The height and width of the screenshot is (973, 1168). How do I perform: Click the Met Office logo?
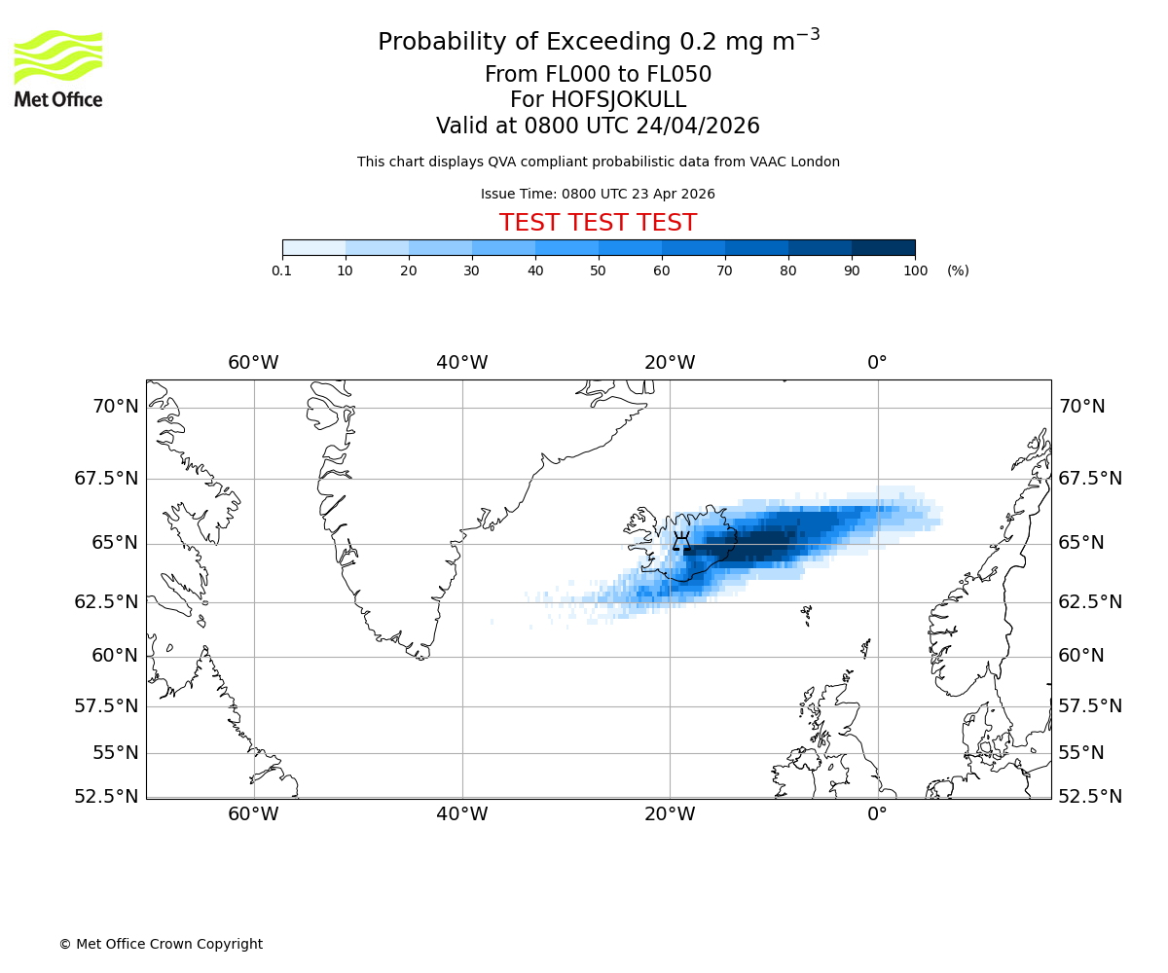coord(58,68)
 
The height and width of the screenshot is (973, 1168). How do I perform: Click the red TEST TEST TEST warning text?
coord(598,223)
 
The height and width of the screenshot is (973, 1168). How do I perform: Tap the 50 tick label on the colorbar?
coord(599,270)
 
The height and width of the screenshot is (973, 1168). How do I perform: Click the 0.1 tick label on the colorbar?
coord(282,270)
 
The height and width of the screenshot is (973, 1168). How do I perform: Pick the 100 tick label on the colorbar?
coord(915,270)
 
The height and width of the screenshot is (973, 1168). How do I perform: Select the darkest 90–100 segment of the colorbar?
coord(883,247)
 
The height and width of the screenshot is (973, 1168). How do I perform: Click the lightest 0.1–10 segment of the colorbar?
coord(313,247)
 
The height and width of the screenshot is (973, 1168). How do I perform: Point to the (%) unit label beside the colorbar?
coord(958,270)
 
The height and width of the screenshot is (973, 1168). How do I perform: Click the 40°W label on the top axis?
coord(462,363)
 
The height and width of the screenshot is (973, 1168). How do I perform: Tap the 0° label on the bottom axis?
coord(878,814)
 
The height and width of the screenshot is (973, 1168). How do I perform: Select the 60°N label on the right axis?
coord(1081,656)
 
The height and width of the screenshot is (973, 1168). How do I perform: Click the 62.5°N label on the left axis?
coord(107,602)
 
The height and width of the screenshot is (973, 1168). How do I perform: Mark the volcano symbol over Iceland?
coord(681,541)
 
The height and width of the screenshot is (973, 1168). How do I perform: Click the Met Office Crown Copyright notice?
coord(161,944)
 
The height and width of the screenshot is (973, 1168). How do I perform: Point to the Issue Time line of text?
coord(598,194)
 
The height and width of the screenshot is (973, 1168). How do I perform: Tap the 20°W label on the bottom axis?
coord(670,814)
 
